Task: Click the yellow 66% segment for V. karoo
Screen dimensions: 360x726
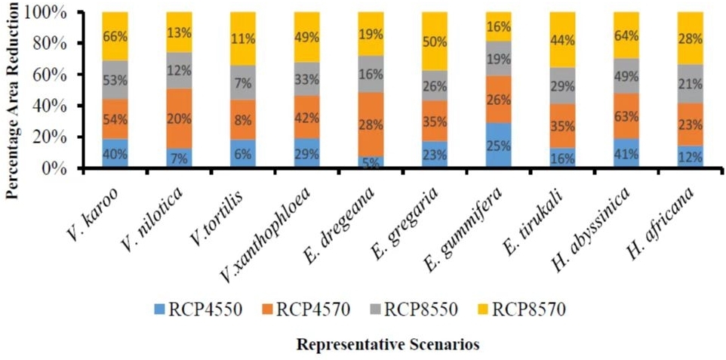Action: tap(115, 36)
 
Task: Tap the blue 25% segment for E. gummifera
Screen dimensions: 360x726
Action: tap(498, 145)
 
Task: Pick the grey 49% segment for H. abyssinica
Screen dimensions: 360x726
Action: tap(626, 75)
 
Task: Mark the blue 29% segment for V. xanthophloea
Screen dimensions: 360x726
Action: tap(306, 153)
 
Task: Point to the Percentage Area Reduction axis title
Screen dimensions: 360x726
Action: tap(12, 102)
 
